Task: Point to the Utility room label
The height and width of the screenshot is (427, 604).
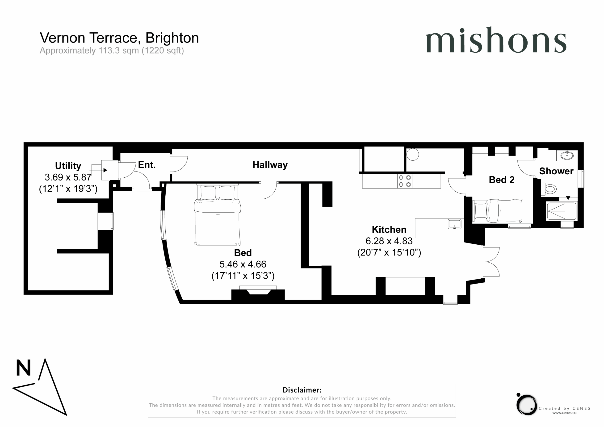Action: [68, 166]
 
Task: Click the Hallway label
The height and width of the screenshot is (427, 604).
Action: [270, 165]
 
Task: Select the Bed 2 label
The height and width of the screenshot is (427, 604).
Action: [501, 180]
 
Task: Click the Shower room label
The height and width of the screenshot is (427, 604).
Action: [556, 171]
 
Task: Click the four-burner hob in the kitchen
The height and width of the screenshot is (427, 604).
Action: [405, 181]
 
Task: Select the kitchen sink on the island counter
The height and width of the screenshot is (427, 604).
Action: [455, 224]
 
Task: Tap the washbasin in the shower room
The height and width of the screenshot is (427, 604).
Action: [567, 155]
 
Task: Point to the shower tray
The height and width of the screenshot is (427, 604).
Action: [562, 211]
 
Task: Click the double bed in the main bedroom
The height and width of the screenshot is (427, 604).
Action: [217, 215]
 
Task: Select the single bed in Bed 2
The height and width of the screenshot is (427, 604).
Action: [497, 210]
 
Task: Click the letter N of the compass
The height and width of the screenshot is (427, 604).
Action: [23, 368]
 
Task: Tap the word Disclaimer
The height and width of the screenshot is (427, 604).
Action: [302, 390]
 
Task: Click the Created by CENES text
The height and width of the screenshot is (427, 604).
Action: [564, 408]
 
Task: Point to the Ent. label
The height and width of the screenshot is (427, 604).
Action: [147, 165]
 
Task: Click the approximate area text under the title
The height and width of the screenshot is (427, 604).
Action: [112, 50]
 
